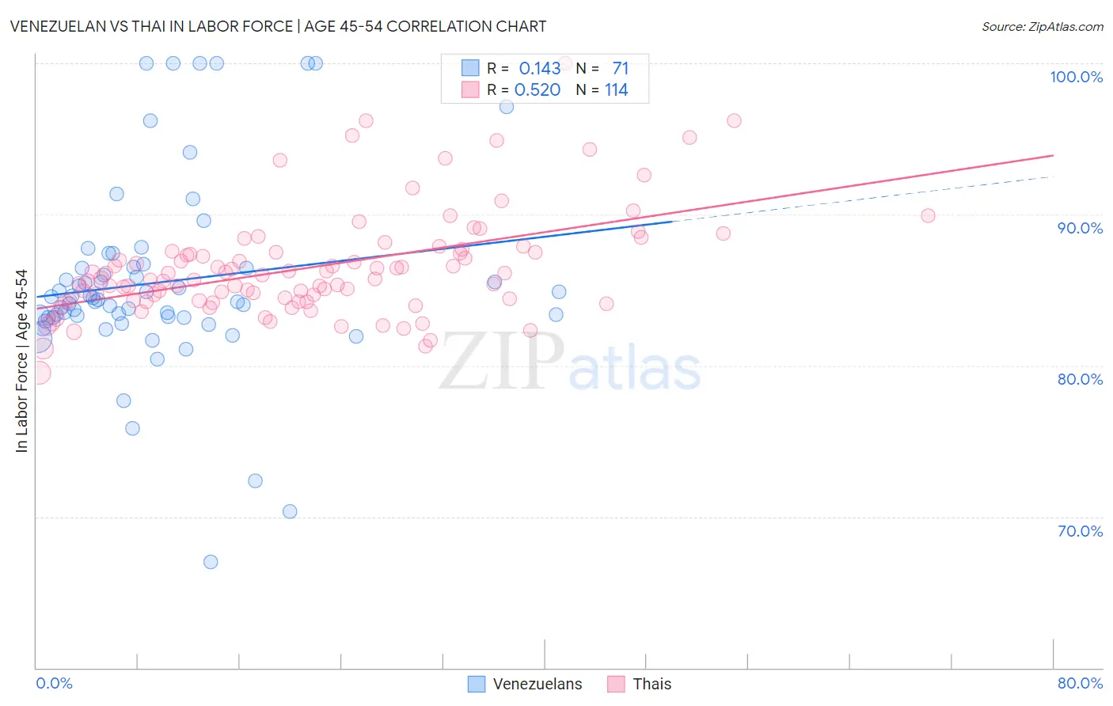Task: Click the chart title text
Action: [278, 26]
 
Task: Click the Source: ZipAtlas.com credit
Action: [1042, 26]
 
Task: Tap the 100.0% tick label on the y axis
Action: [1076, 77]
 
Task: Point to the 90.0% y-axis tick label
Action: [1080, 228]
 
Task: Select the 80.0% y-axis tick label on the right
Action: [1080, 379]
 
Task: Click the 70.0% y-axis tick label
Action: [1080, 531]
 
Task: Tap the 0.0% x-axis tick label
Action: [54, 683]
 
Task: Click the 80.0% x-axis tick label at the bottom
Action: [1080, 683]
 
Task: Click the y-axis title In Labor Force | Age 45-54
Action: [21, 361]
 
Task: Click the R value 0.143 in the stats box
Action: [539, 69]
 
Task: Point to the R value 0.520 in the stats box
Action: [538, 90]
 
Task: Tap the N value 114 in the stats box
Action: [616, 90]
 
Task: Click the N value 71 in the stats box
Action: [620, 69]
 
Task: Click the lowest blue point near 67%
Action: [211, 562]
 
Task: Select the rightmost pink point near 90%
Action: [928, 216]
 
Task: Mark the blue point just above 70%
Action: [290, 511]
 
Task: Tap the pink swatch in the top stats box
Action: [470, 89]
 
